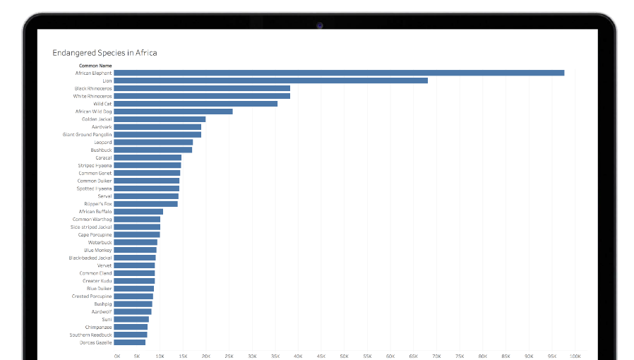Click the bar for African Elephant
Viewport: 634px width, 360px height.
(x=339, y=73)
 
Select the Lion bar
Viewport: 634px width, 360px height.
(x=270, y=80)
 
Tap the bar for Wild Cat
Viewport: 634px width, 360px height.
(x=196, y=104)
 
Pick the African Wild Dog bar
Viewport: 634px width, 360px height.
(x=173, y=112)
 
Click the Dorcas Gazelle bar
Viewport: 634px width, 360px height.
(x=130, y=342)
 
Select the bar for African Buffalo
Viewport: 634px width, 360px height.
(x=138, y=212)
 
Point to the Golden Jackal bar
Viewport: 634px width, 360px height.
(x=160, y=119)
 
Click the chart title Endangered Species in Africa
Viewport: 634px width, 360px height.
(x=104, y=53)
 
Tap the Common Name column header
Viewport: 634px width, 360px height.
(x=95, y=66)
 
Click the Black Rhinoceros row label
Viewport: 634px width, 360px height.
(x=93, y=88)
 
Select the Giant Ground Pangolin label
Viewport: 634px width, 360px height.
(x=87, y=134)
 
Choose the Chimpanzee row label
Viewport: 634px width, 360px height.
(x=98, y=327)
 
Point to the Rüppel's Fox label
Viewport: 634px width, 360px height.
(x=97, y=204)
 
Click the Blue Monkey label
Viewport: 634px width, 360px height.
(x=97, y=250)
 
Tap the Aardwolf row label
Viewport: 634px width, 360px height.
(x=101, y=311)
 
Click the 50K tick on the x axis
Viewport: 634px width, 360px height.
(x=345, y=356)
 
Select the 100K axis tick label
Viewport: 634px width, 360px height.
(x=575, y=356)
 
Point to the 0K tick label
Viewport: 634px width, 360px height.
(x=117, y=356)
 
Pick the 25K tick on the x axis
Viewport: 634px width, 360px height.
(x=229, y=356)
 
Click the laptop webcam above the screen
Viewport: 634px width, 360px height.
(x=319, y=25)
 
